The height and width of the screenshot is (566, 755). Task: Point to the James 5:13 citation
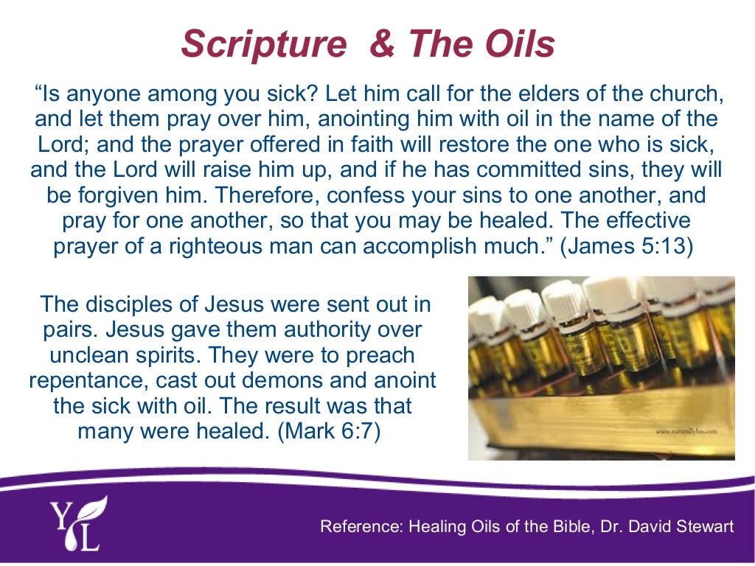click(627, 245)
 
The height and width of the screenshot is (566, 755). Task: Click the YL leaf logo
click(77, 523)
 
